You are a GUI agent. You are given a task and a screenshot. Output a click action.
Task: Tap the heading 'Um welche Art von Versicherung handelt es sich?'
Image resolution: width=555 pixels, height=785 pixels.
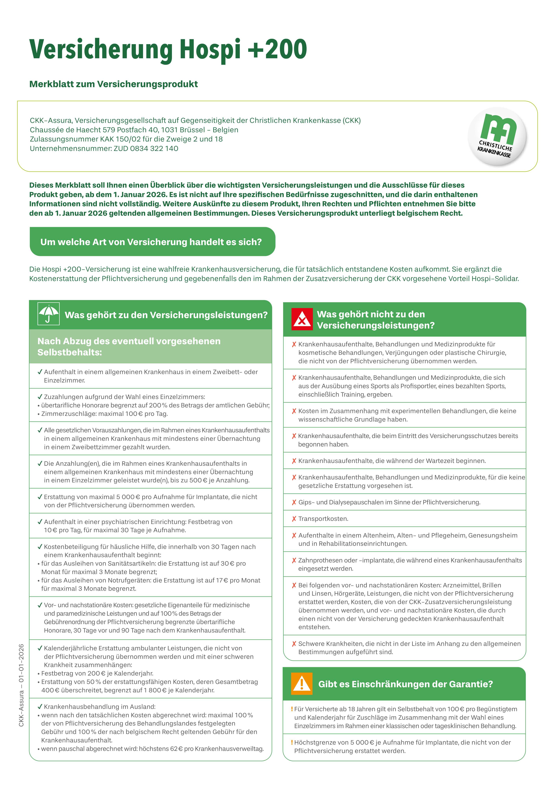tap(151, 242)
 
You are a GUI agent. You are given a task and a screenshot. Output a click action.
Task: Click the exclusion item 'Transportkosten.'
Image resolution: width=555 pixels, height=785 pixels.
tap(323, 519)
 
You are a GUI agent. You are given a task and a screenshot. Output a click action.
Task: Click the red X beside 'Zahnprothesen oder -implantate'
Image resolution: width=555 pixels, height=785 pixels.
tap(294, 560)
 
